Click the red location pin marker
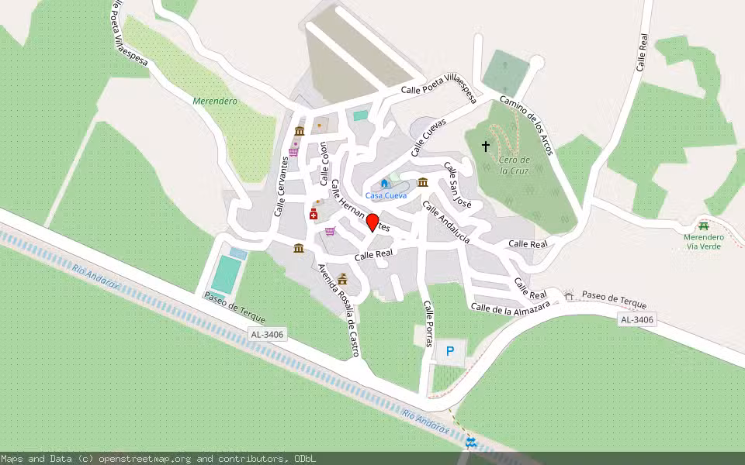[372, 222]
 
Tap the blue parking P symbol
[450, 352]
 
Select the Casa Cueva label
[386, 196]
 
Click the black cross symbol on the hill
[487, 146]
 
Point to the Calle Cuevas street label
[429, 137]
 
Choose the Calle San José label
[458, 186]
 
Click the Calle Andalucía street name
[446, 222]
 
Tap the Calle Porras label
[428, 323]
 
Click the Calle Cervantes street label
[281, 187]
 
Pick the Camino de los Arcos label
[526, 123]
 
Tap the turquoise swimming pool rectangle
[226, 274]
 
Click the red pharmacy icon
[314, 214]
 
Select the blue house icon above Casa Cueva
[384, 184]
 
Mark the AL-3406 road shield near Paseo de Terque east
[637, 319]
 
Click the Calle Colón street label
[324, 164]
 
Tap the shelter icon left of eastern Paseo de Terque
[569, 295]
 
